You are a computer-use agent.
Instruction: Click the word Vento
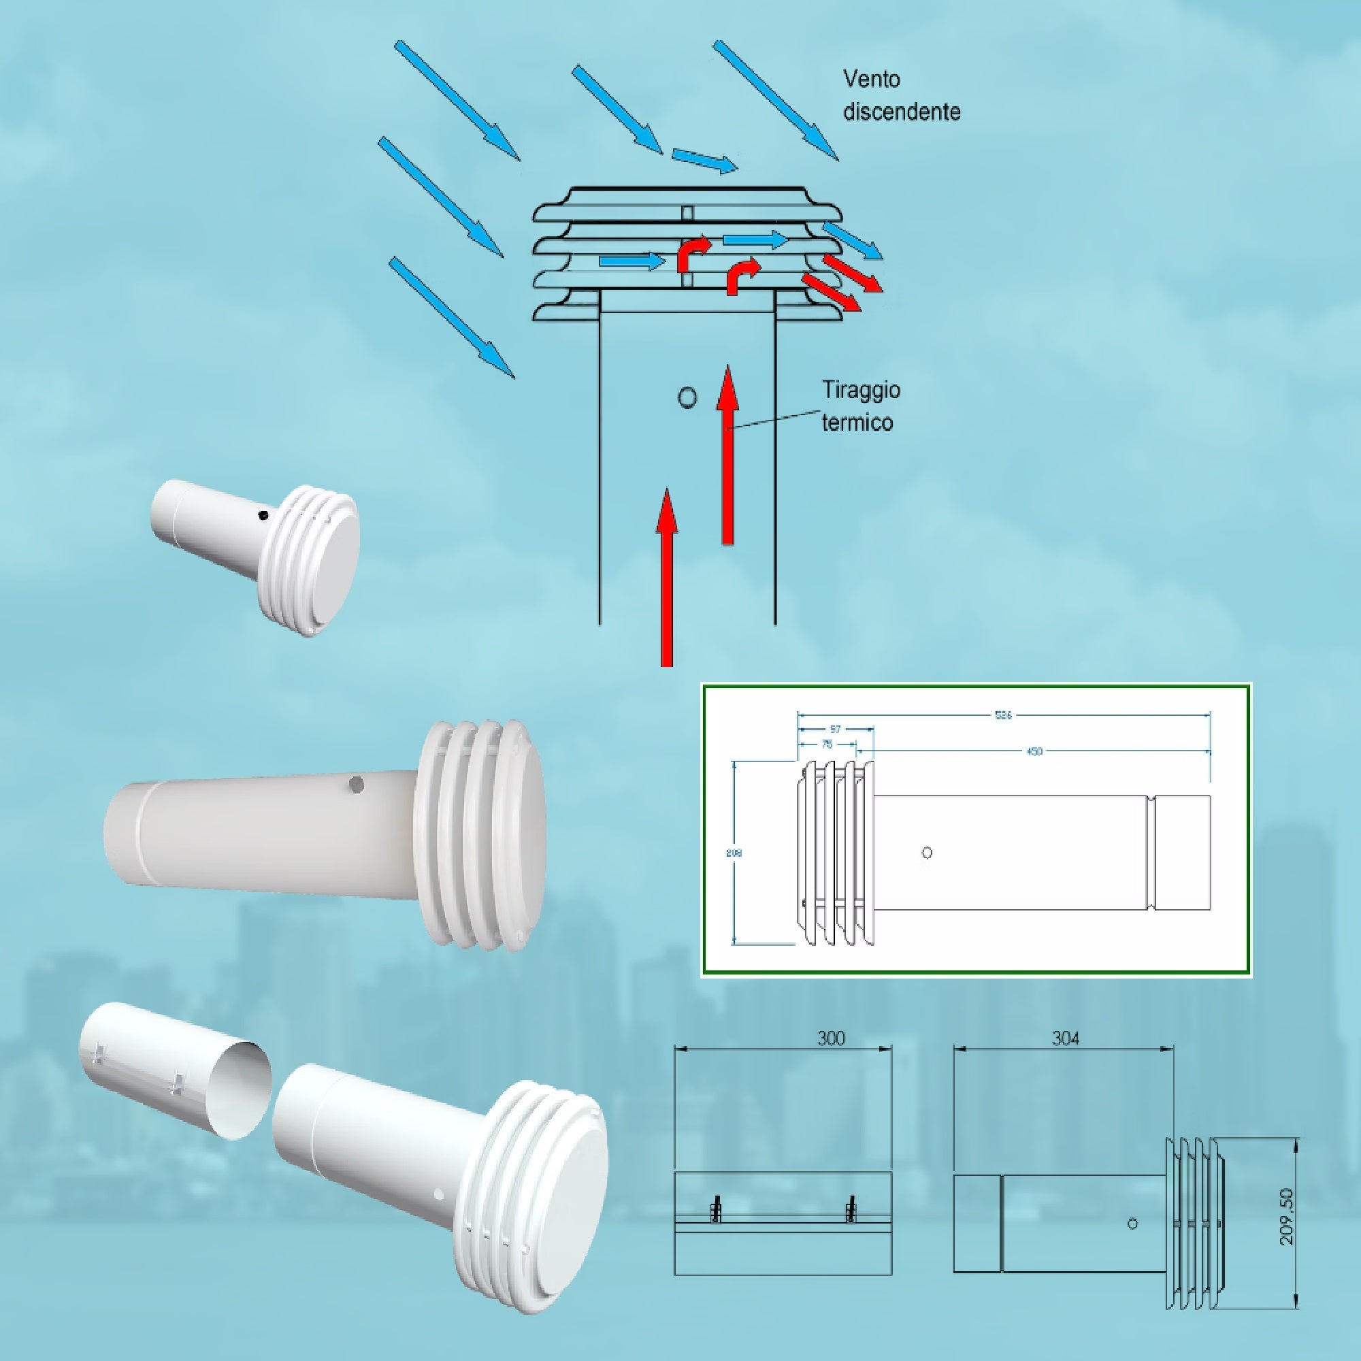(872, 79)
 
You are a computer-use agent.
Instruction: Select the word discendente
(902, 112)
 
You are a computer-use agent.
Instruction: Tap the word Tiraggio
(861, 389)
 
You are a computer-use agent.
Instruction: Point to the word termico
(857, 423)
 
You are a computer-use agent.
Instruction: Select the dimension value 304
(1065, 1038)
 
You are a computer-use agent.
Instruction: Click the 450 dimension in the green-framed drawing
(1034, 752)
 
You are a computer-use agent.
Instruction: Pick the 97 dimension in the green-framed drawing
(836, 729)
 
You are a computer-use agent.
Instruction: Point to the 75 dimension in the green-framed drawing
(827, 744)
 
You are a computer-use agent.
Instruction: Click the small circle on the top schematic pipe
(687, 398)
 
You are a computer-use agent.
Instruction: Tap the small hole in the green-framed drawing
(927, 853)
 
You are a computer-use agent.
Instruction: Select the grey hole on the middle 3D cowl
(357, 783)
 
